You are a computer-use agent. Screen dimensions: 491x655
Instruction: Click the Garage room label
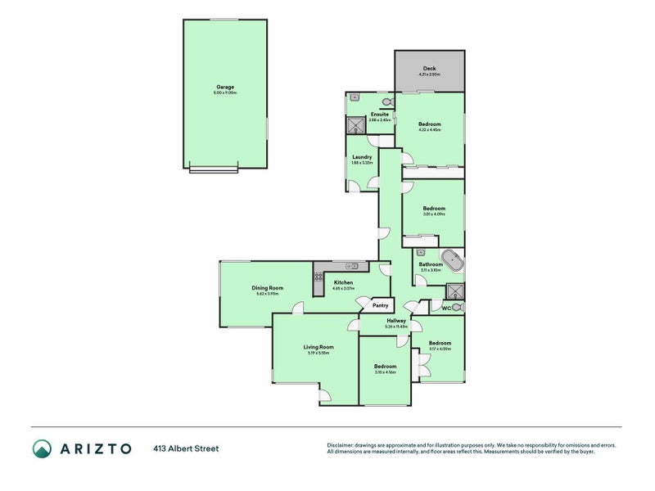pos(225,87)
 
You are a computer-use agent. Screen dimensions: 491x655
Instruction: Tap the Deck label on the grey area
pos(429,69)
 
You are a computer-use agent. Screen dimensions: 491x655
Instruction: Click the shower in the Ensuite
pos(356,125)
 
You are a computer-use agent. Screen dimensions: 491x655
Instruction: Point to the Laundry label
pos(362,157)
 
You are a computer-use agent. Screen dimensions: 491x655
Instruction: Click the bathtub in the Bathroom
pos(452,263)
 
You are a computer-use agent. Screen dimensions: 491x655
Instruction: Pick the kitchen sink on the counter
pos(352,266)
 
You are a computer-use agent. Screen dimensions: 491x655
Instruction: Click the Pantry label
pos(380,305)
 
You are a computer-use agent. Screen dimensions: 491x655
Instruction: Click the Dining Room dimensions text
pos(267,294)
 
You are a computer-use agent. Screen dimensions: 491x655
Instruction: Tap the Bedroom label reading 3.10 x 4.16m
pos(385,372)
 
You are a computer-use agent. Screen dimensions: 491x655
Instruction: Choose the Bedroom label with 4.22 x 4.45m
pos(430,129)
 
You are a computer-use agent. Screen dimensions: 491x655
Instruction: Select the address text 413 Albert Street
pos(186,448)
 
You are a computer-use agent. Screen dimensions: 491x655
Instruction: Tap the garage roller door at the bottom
pos(213,169)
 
